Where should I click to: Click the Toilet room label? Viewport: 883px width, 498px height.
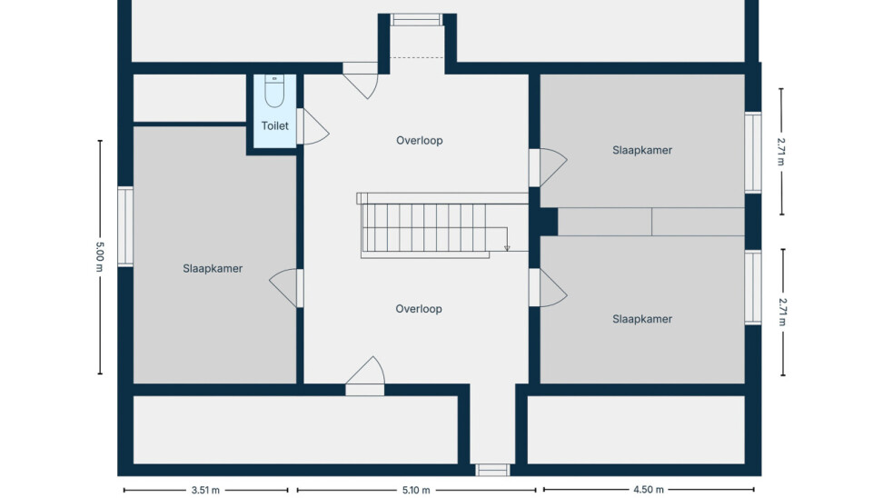pyautogui.click(x=275, y=125)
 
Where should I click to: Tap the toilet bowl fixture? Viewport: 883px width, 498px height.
pyautogui.click(x=274, y=91)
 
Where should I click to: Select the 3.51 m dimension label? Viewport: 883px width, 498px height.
pyautogui.click(x=205, y=490)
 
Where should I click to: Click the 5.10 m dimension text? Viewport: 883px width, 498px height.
pyautogui.click(x=416, y=490)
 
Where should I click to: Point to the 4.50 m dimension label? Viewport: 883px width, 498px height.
pyautogui.click(x=649, y=490)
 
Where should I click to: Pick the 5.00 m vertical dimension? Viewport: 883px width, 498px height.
pyautogui.click(x=100, y=257)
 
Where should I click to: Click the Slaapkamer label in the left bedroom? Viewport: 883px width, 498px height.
pyautogui.click(x=213, y=269)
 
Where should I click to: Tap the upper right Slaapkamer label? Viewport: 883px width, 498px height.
pyautogui.click(x=642, y=151)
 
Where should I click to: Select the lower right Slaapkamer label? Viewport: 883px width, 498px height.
pyautogui.click(x=642, y=319)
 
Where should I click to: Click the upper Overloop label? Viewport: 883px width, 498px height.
pyautogui.click(x=420, y=140)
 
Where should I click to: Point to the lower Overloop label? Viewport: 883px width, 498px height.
pyautogui.click(x=419, y=309)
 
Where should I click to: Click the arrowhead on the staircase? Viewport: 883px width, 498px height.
pyautogui.click(x=507, y=248)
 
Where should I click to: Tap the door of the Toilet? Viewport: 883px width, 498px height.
pyautogui.click(x=313, y=126)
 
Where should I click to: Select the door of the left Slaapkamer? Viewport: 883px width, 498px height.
pyautogui.click(x=287, y=288)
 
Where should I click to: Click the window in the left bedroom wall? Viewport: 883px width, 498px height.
pyautogui.click(x=125, y=226)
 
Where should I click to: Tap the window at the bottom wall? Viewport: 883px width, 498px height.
pyautogui.click(x=492, y=470)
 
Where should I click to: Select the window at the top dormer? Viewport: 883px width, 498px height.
pyautogui.click(x=416, y=20)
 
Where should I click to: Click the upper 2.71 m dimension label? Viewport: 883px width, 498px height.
pyautogui.click(x=781, y=152)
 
